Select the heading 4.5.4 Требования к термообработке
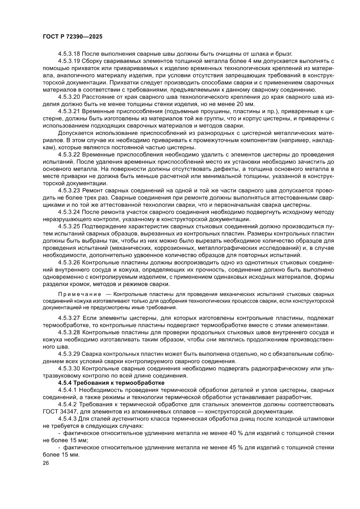click(111, 382)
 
